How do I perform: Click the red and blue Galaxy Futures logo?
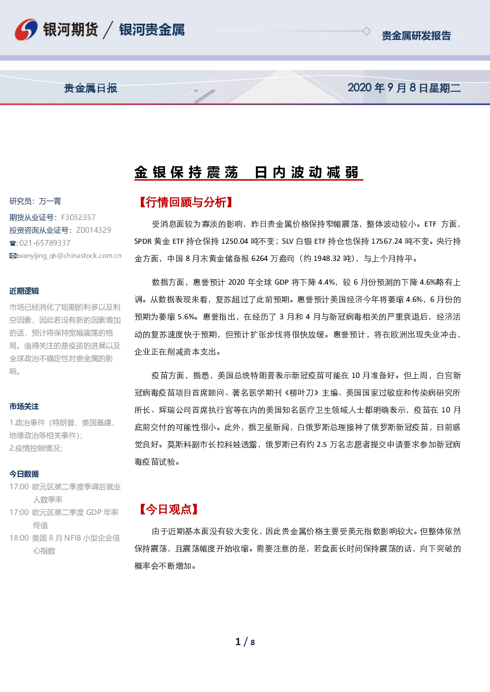[x=26, y=30]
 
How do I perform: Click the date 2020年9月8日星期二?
[x=404, y=88]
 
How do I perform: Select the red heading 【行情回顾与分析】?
[x=186, y=202]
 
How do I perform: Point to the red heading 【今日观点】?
[x=168, y=509]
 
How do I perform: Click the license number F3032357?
[x=78, y=218]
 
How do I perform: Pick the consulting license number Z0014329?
[x=93, y=230]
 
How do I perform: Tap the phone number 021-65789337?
[x=45, y=243]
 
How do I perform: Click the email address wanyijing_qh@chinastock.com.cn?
[x=70, y=256]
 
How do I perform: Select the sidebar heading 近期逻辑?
[x=24, y=291]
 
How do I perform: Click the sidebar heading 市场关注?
[x=24, y=406]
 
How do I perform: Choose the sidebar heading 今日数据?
[x=24, y=474]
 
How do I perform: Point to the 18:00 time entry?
[x=19, y=538]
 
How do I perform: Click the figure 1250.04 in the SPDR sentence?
[x=235, y=241]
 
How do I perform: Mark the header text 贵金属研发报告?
[x=416, y=36]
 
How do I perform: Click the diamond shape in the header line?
[x=367, y=31]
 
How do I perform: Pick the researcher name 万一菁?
[x=50, y=201]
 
